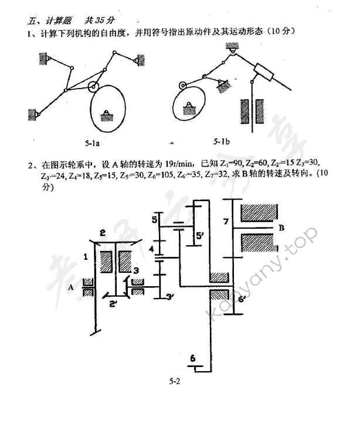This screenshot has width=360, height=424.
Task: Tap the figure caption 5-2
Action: [x=174, y=382]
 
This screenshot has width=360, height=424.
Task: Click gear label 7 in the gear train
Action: [x=225, y=221]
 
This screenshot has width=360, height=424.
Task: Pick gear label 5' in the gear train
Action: [x=199, y=236]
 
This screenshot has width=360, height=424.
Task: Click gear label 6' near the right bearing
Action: [x=242, y=299]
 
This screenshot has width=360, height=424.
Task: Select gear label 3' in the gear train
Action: [x=169, y=297]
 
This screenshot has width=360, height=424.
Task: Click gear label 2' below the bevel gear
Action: [x=114, y=303]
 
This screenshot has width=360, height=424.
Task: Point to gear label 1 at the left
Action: [x=86, y=256]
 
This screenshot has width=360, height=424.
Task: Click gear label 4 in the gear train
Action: [x=151, y=249]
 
